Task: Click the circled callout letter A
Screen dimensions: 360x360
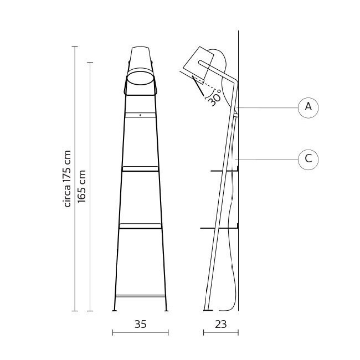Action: point(308,107)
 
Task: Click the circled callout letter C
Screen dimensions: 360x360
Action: point(308,160)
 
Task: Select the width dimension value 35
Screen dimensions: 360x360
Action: point(140,325)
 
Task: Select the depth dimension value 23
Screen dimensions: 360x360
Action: point(220,325)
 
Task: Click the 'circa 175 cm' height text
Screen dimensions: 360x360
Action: point(68,178)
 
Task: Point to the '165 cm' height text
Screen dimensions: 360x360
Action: point(82,186)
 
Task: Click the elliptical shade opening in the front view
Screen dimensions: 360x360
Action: point(140,79)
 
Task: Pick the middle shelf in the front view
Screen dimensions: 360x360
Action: point(140,168)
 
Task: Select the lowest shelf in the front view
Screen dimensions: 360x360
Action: point(140,225)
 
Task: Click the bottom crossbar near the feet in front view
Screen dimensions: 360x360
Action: point(140,296)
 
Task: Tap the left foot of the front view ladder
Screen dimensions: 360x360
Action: point(115,310)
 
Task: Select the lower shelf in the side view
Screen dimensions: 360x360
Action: point(219,227)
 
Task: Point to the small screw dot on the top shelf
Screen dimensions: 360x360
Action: point(140,115)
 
